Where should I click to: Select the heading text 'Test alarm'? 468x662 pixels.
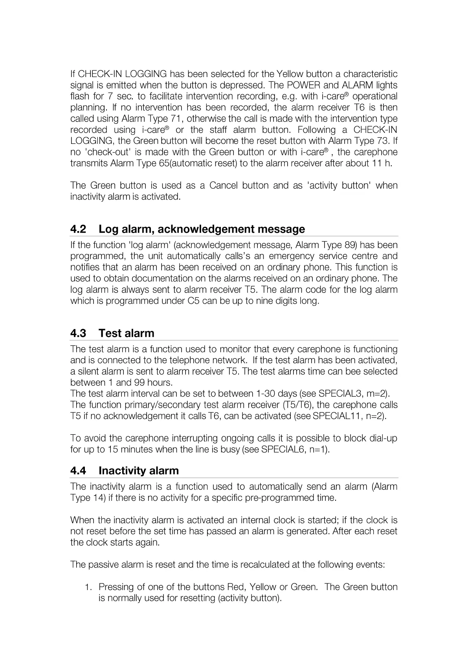[x=126, y=333]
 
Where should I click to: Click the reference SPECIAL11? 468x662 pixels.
[x=337, y=416]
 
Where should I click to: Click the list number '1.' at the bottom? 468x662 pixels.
[x=88, y=587]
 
